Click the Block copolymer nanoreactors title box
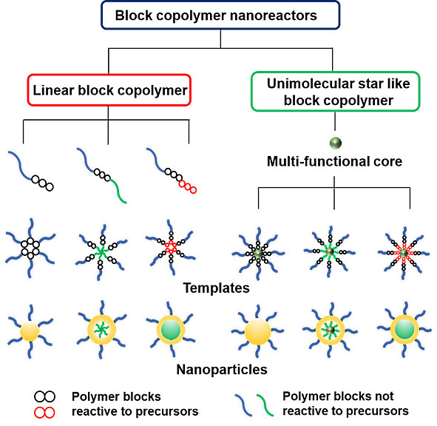click(220, 15)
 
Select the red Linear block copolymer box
click(109, 90)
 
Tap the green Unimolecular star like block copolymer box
click(335, 92)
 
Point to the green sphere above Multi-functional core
click(336, 143)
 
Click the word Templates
click(216, 288)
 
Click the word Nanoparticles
click(222, 369)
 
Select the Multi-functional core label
click(334, 161)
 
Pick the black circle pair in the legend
click(44, 396)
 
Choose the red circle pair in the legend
click(44, 413)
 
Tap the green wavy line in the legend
click(265, 405)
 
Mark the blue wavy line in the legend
click(243, 405)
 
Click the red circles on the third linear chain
click(188, 187)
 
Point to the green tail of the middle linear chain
click(118, 191)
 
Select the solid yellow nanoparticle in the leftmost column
click(30, 331)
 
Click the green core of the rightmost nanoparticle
click(404, 330)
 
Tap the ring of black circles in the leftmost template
click(30, 248)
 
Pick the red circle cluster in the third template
click(171, 247)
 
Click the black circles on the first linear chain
click(43, 183)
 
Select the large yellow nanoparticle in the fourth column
click(258, 332)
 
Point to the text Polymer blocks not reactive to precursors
click(345, 404)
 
